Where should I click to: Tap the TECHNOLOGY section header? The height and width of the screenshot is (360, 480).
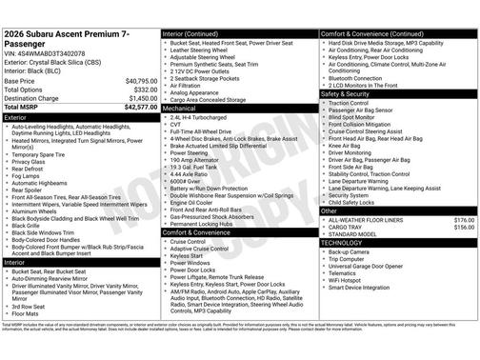click(348, 243)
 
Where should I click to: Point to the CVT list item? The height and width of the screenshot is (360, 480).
click(176, 123)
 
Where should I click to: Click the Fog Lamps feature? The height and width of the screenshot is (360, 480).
click(27, 175)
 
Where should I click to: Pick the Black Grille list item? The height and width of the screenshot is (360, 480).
click(30, 224)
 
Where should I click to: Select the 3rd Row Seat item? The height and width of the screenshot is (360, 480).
click(30, 306)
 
